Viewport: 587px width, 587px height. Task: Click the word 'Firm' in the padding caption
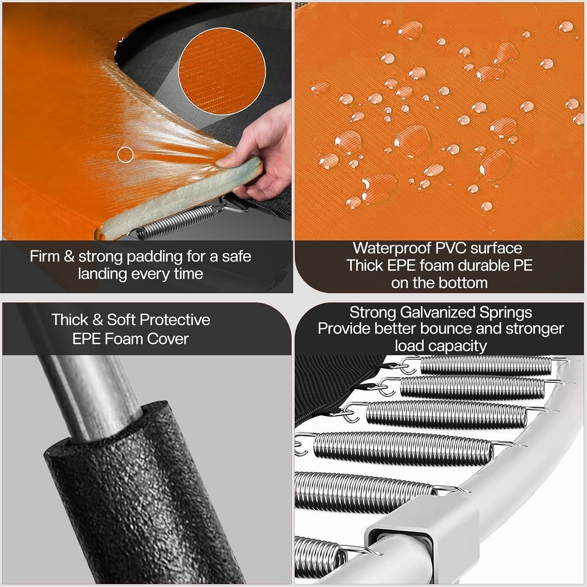tap(45, 257)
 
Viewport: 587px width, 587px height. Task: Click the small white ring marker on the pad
tap(125, 155)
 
